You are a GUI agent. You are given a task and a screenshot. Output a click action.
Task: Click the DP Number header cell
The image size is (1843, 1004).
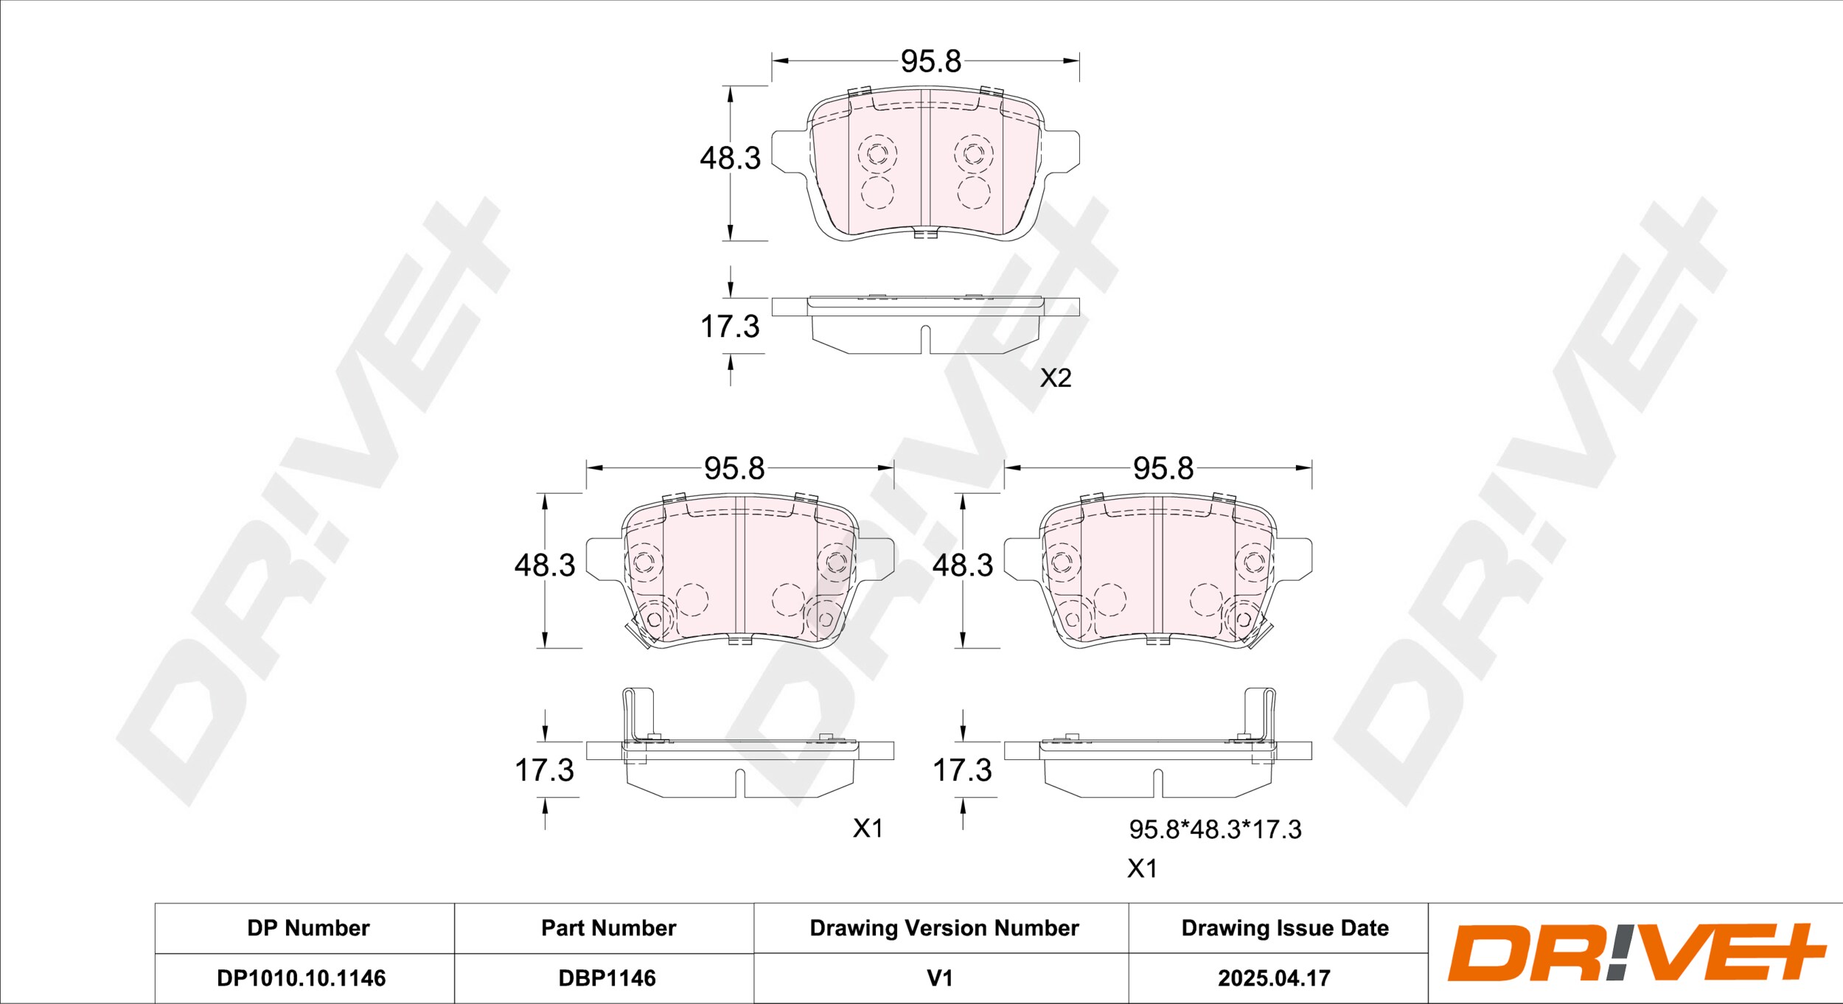tap(308, 928)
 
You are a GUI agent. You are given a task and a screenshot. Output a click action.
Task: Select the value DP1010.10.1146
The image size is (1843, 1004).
tap(301, 978)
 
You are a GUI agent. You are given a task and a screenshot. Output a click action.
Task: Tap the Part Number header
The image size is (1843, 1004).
tap(608, 928)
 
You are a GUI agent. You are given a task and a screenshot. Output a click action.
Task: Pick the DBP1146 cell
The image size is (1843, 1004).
tap(607, 978)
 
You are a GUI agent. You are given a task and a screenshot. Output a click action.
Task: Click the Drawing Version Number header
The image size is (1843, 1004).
tap(944, 928)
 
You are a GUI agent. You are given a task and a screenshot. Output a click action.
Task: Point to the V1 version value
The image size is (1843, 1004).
tap(940, 978)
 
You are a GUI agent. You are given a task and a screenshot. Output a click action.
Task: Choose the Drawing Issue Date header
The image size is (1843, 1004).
tap(1285, 928)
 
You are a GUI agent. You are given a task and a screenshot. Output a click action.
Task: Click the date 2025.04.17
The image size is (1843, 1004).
tap(1274, 978)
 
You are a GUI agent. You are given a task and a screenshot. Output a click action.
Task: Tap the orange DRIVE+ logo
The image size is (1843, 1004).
tap(1637, 952)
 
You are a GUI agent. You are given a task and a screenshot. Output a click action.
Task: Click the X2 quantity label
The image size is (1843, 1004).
tap(1055, 378)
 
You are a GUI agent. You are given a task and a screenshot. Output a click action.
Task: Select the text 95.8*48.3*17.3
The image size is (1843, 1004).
tap(1215, 829)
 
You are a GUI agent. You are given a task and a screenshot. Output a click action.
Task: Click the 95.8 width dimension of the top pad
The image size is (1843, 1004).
tap(931, 61)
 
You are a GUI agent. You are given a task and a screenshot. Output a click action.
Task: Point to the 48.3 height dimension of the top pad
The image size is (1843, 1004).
tap(730, 158)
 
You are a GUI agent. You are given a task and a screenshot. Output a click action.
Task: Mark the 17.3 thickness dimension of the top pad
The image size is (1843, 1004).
tap(730, 327)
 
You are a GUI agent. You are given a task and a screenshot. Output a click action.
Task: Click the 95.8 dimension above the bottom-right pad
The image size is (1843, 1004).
tap(1163, 468)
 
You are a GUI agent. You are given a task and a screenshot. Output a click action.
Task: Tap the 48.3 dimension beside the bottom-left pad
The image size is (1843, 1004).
tap(545, 565)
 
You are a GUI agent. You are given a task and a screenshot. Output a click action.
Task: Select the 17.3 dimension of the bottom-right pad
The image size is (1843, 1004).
tap(963, 770)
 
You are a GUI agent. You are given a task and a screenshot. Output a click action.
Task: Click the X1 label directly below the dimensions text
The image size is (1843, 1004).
tap(1142, 869)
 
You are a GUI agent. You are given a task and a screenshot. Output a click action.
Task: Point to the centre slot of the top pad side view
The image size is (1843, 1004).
tap(925, 338)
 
